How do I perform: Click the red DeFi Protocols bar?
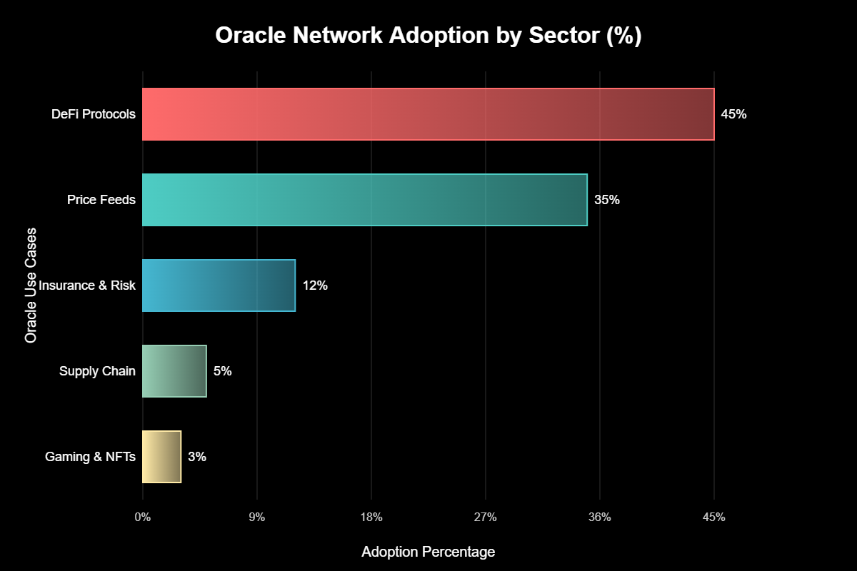[x=428, y=114]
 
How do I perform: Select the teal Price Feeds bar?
[x=364, y=200]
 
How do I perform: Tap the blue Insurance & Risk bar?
[x=219, y=285]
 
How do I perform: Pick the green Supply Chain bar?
[x=174, y=371]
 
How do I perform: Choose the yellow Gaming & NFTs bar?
[x=162, y=457]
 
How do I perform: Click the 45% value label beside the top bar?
[x=733, y=114]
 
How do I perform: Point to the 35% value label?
[x=607, y=200]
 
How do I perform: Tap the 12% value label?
[x=315, y=285]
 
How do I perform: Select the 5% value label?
[x=223, y=371]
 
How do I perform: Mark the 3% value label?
[x=197, y=457]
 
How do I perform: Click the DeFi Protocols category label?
[x=94, y=114]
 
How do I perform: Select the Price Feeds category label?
[x=101, y=200]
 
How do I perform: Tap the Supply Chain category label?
[x=97, y=371]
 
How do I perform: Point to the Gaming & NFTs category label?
[x=90, y=457]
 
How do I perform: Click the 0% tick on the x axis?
[x=143, y=517]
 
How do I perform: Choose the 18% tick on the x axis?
[x=371, y=517]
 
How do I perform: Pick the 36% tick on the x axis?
[x=600, y=517]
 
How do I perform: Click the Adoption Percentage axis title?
[x=428, y=552]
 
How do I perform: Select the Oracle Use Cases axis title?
[x=31, y=285]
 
